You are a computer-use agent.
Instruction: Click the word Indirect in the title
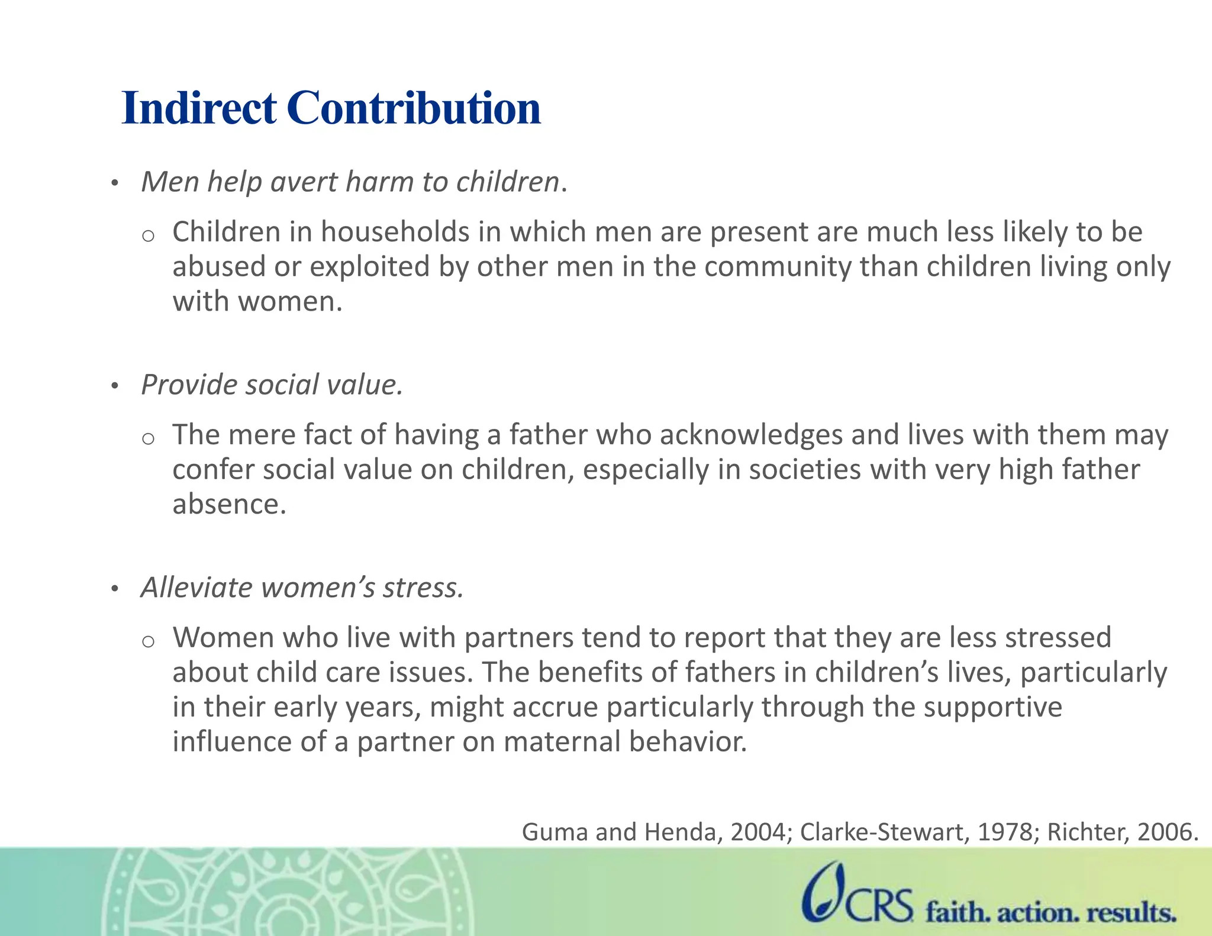199,108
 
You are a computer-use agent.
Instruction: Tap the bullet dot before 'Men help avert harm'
115,183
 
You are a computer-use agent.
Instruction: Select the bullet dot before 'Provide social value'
115,387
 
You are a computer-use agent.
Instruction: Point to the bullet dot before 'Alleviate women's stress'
115,589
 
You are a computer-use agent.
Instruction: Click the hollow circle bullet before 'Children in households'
149,236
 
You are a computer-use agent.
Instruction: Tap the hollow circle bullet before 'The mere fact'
149,439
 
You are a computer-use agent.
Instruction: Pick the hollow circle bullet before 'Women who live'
149,642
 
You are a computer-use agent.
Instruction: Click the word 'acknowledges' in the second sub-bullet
751,435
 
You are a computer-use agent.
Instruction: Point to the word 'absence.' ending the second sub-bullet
230,504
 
